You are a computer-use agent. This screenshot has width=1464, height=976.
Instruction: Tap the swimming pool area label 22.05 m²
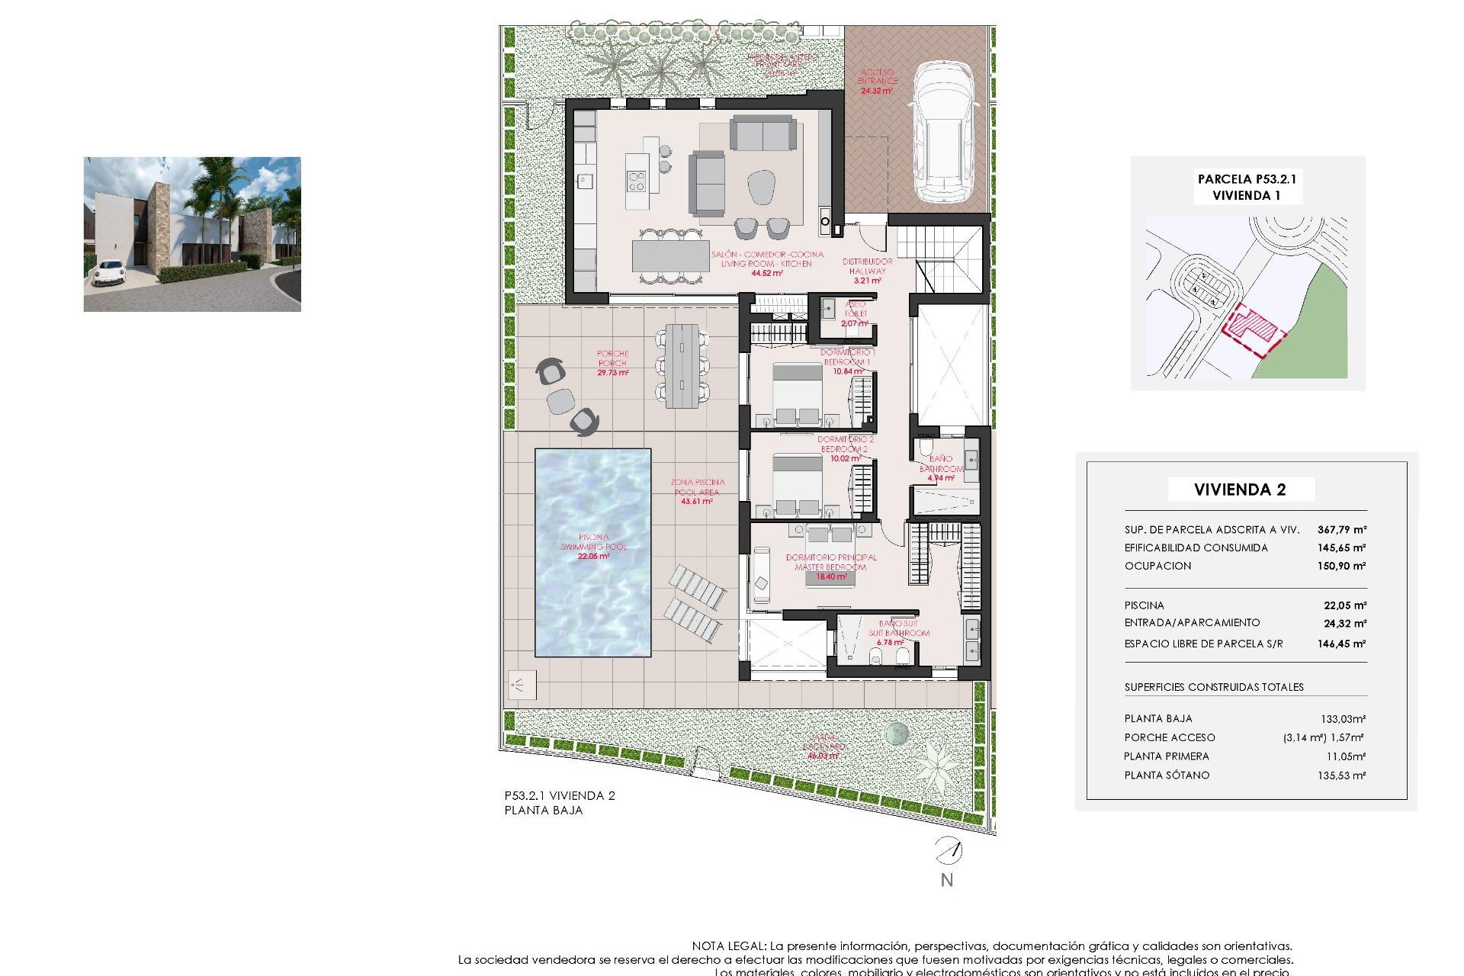click(x=593, y=547)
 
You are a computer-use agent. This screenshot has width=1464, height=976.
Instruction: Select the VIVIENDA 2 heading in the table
click(x=1240, y=490)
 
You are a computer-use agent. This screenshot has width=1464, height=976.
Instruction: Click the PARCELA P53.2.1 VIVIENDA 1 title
click(x=1247, y=187)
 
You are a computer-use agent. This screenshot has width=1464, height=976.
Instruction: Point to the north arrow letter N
click(x=946, y=880)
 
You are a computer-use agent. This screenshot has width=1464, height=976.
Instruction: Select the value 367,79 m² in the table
click(x=1341, y=529)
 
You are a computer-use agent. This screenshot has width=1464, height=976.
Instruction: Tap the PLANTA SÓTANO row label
click(x=1167, y=775)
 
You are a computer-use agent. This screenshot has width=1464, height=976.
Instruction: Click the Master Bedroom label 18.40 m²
click(x=831, y=567)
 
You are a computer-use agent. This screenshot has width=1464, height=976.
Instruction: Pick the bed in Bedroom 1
click(x=797, y=393)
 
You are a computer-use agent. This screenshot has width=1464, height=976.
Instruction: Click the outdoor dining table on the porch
click(x=682, y=366)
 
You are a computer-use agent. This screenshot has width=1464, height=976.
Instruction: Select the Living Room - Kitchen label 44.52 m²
click(x=767, y=263)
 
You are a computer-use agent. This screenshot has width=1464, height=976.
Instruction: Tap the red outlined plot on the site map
click(x=1250, y=328)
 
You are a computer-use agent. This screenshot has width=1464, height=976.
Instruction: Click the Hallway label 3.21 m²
click(x=867, y=271)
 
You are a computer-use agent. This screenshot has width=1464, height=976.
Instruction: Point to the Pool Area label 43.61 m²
click(x=697, y=492)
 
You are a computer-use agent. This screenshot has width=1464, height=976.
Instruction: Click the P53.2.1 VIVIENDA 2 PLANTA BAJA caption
click(x=560, y=803)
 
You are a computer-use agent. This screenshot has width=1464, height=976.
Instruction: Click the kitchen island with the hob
click(x=637, y=181)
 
